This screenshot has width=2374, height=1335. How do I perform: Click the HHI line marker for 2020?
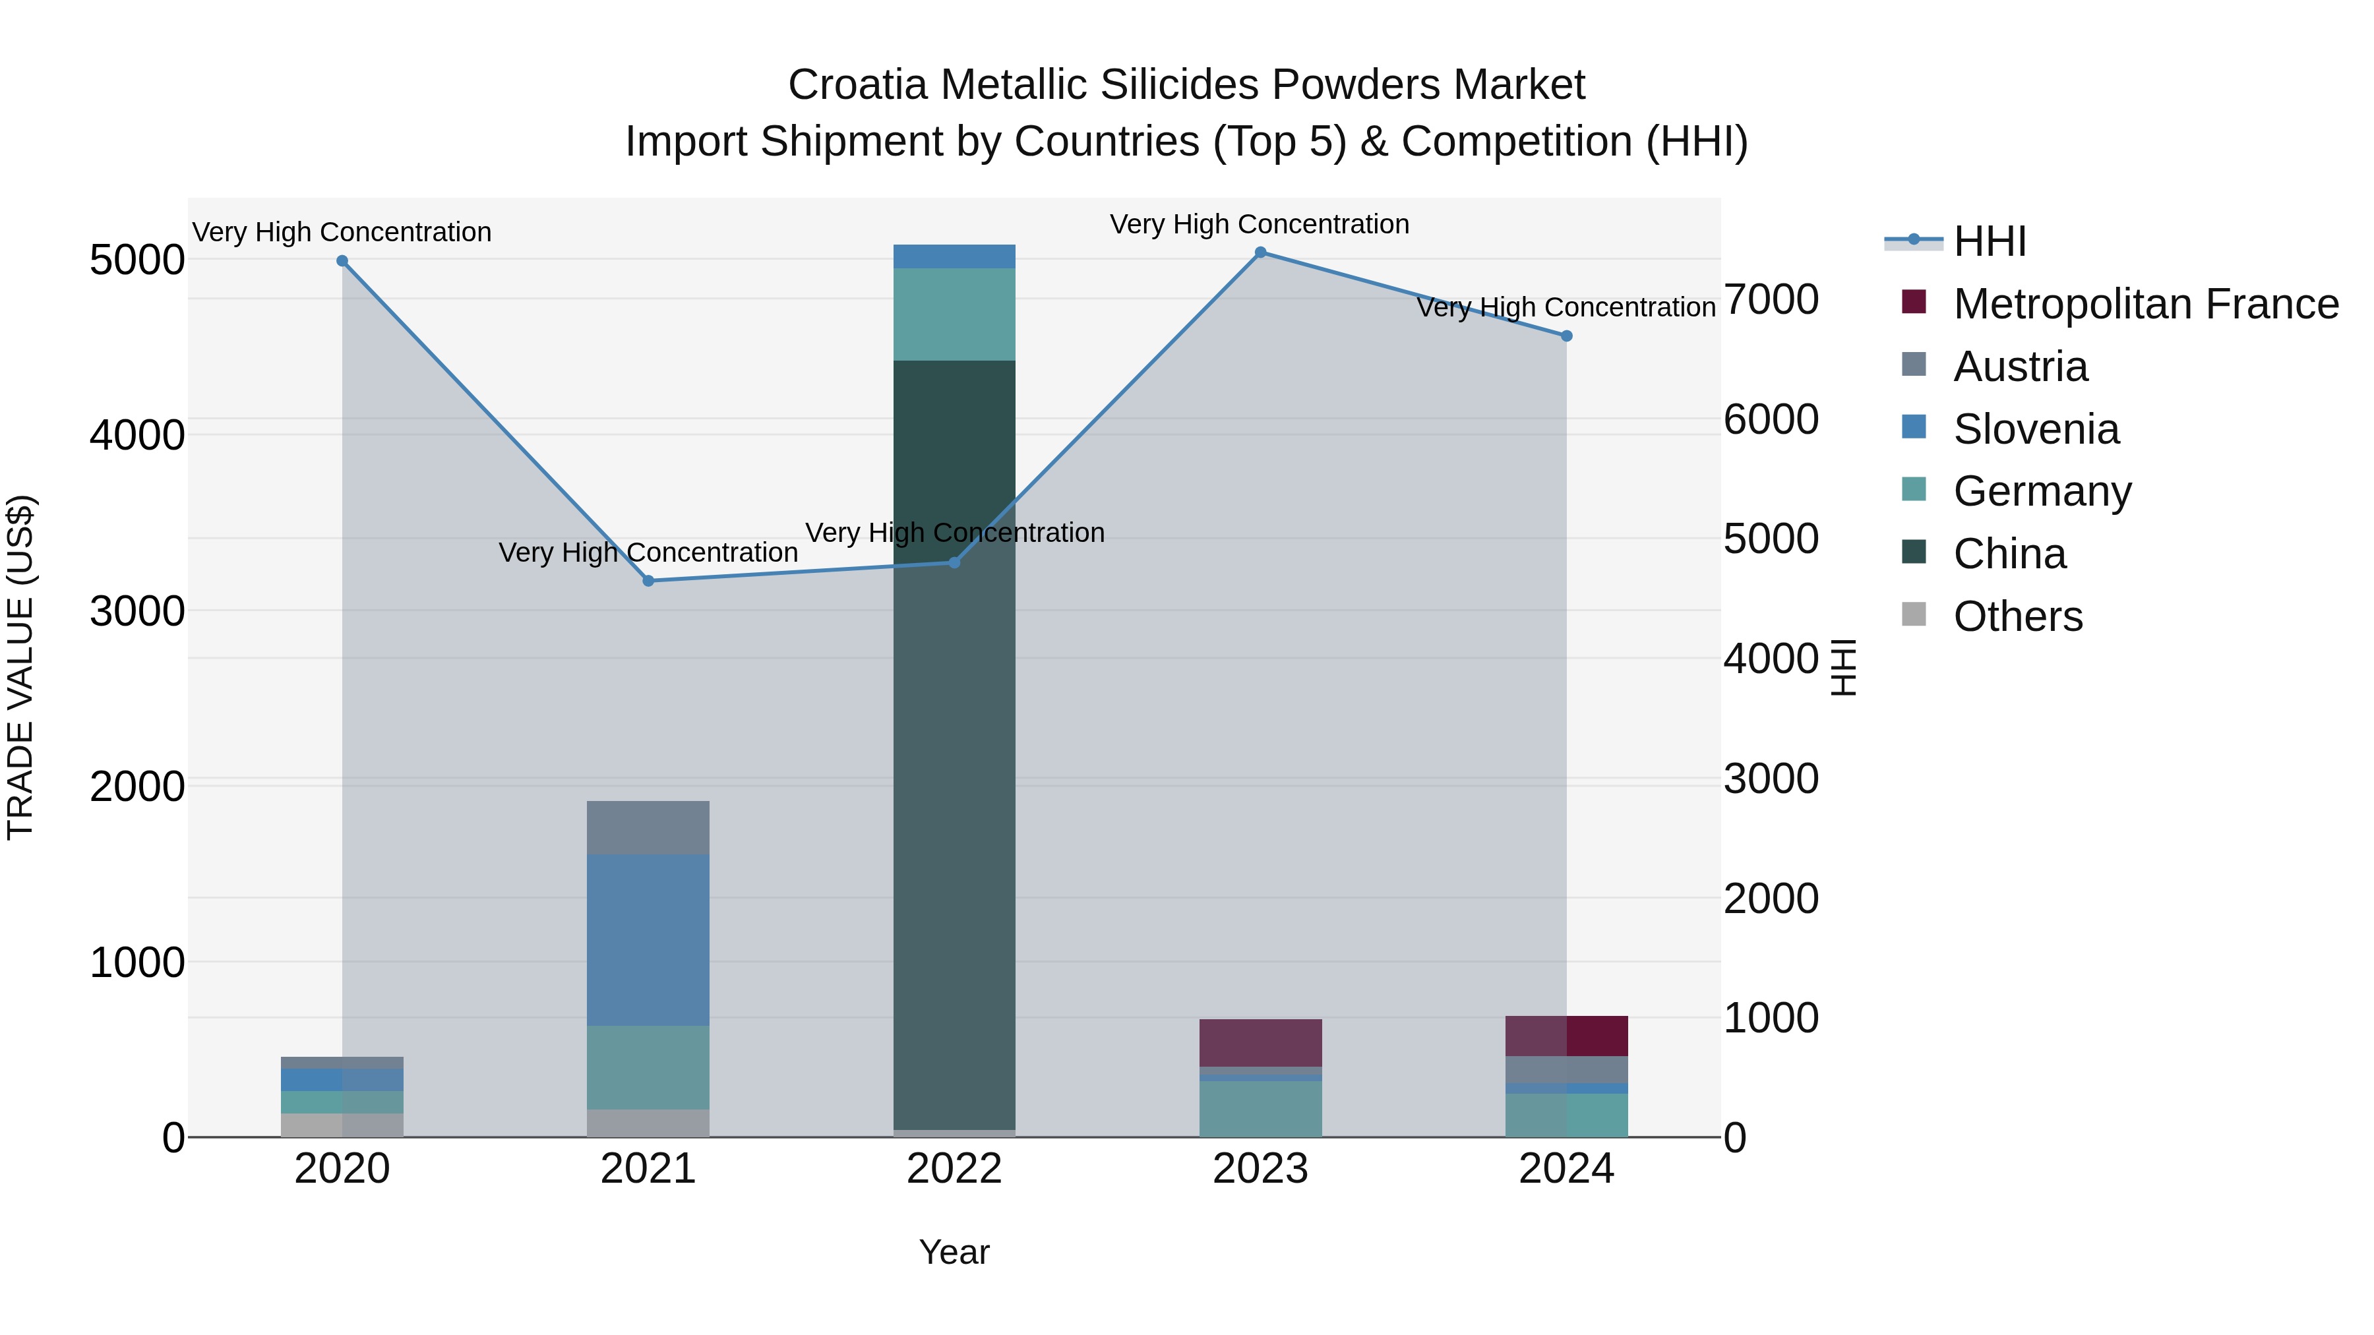point(342,260)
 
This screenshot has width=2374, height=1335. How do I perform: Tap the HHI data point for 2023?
point(1260,252)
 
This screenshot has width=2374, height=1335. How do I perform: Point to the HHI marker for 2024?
point(1566,336)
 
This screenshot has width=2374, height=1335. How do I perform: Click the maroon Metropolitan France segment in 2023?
point(1260,1042)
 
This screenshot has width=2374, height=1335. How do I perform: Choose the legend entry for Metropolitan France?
point(2145,304)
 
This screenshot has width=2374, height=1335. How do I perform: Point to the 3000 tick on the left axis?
point(137,611)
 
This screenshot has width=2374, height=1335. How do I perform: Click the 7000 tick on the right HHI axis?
point(1771,299)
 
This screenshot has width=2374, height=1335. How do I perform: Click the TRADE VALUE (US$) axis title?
point(20,667)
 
